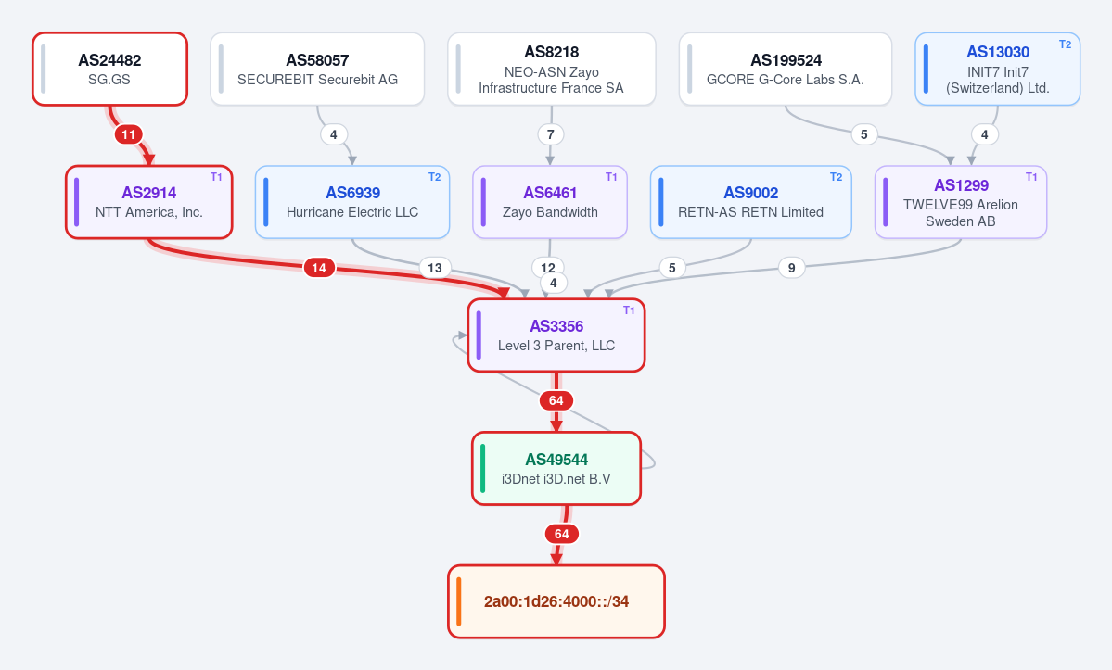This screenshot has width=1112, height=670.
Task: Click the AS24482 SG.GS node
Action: click(110, 69)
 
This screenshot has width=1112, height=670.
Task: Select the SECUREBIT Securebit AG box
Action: click(317, 69)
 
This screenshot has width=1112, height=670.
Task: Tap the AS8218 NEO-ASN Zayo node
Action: click(552, 69)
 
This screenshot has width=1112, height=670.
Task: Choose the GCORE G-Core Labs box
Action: click(785, 69)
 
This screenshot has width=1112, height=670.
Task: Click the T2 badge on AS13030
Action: click(1066, 44)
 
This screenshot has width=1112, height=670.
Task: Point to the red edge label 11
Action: click(128, 134)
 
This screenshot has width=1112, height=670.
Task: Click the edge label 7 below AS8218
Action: click(550, 134)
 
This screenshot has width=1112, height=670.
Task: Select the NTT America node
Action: click(149, 202)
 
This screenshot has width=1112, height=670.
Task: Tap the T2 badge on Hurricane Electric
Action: click(435, 177)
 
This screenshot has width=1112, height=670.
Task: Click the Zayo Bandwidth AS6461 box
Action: click(550, 202)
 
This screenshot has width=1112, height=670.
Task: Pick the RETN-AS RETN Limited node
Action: click(751, 202)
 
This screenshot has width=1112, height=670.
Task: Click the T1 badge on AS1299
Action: click(1032, 177)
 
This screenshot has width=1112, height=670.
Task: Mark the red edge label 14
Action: click(319, 268)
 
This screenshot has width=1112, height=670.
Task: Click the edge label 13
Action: click(435, 268)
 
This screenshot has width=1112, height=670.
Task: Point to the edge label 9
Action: click(791, 268)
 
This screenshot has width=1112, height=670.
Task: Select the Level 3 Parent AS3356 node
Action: click(556, 335)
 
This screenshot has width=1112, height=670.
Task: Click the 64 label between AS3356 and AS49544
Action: click(556, 401)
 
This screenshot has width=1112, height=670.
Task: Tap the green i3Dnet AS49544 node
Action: click(556, 468)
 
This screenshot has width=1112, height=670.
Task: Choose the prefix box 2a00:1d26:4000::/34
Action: click(556, 601)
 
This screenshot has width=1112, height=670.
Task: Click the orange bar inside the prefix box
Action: click(459, 601)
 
